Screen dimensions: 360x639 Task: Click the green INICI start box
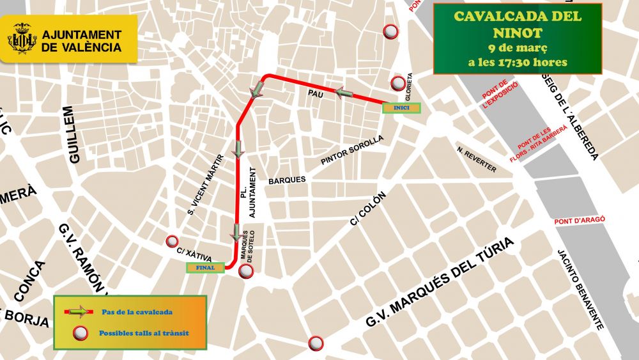click(401, 108)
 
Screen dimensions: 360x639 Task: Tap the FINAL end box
click(205, 268)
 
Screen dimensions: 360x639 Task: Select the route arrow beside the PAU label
click(344, 93)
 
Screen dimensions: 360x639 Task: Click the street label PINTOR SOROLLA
click(352, 150)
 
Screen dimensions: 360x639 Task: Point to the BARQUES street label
click(287, 180)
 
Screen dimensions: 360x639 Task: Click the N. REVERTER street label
click(477, 159)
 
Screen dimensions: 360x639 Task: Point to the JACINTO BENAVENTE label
click(580, 289)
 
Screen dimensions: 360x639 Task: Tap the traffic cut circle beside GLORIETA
click(399, 82)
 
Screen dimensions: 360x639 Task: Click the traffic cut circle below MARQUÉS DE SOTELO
click(246, 272)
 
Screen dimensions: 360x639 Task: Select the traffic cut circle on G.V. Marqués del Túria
click(315, 343)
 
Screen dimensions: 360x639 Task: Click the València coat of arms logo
click(22, 38)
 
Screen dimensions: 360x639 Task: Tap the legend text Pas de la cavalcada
click(136, 312)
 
